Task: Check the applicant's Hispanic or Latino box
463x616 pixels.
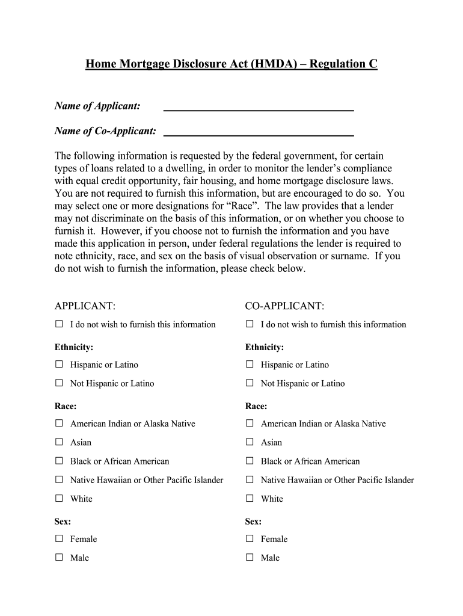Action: (x=59, y=364)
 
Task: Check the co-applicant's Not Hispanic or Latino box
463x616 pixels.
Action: (x=250, y=383)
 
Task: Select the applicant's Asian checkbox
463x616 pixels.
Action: (x=59, y=442)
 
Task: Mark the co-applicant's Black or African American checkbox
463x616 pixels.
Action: (x=250, y=461)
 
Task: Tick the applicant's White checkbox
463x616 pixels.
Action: (x=59, y=498)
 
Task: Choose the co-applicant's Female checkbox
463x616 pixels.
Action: (x=250, y=538)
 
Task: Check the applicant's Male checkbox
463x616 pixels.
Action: (x=59, y=557)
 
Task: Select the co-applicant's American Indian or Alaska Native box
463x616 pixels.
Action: (x=250, y=423)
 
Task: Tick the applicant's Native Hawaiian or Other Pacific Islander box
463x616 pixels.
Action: (x=59, y=479)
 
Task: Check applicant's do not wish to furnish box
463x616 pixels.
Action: (x=59, y=324)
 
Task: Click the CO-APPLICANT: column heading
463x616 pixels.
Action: (x=284, y=306)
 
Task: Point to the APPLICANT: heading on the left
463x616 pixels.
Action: (x=85, y=306)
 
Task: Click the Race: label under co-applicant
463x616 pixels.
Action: (x=256, y=406)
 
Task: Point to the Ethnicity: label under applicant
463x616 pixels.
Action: (x=74, y=347)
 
